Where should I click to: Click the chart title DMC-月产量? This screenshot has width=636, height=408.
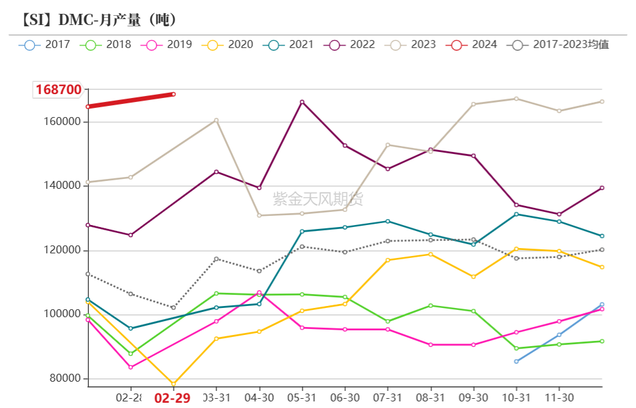coord(99,20)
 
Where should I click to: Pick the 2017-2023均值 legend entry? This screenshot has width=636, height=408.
coord(560,45)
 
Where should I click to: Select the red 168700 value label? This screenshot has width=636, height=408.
coord(58,90)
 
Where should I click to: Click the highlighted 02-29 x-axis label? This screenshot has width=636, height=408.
coord(172,398)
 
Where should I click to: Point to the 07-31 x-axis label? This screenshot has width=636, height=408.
coord(387,398)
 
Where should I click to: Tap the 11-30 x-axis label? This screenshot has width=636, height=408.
coord(559,398)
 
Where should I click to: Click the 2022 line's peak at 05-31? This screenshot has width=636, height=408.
coord(302,102)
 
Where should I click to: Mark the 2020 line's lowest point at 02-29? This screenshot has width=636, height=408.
coord(174,383)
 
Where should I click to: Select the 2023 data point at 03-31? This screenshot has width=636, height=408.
coord(216,120)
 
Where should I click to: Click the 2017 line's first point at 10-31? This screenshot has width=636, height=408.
coord(516,361)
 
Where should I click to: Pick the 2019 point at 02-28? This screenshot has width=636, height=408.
coord(130,367)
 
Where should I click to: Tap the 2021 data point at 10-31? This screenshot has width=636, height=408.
coord(516,214)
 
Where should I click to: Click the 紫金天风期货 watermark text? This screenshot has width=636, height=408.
coord(318,199)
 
